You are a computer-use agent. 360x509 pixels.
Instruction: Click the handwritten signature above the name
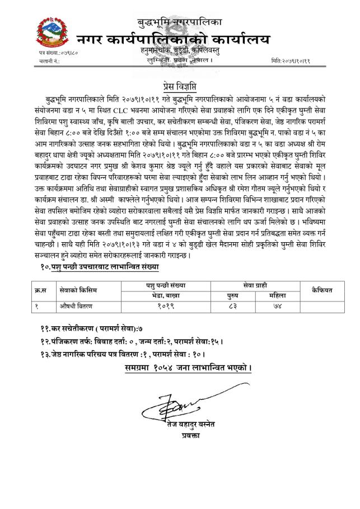coord(168,407)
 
